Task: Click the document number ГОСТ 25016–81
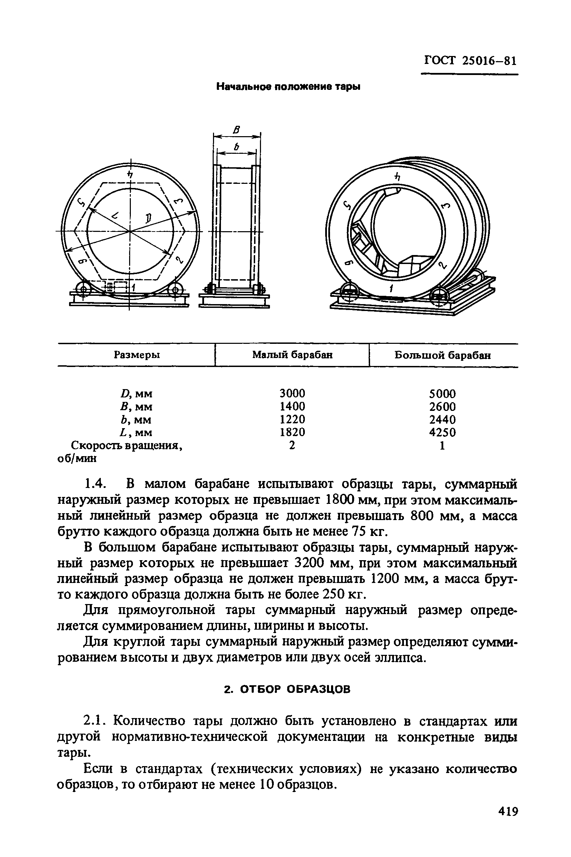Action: pyautogui.click(x=470, y=60)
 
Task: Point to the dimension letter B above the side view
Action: pyautogui.click(x=237, y=129)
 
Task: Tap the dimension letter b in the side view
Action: pyautogui.click(x=237, y=147)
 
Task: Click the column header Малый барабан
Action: pyautogui.click(x=292, y=355)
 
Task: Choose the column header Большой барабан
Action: pyautogui.click(x=443, y=355)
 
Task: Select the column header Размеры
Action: pyautogui.click(x=137, y=355)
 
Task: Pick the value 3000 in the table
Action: pyautogui.click(x=292, y=394)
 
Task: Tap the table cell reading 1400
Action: pyautogui.click(x=292, y=406)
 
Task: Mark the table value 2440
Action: pyautogui.click(x=442, y=420)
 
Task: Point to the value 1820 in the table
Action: pyautogui.click(x=292, y=432)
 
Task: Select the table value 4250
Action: pyautogui.click(x=442, y=432)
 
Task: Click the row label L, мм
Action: pyautogui.click(x=136, y=433)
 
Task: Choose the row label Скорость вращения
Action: pyautogui.click(x=127, y=445)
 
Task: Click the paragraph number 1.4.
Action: pyautogui.click(x=95, y=484)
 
